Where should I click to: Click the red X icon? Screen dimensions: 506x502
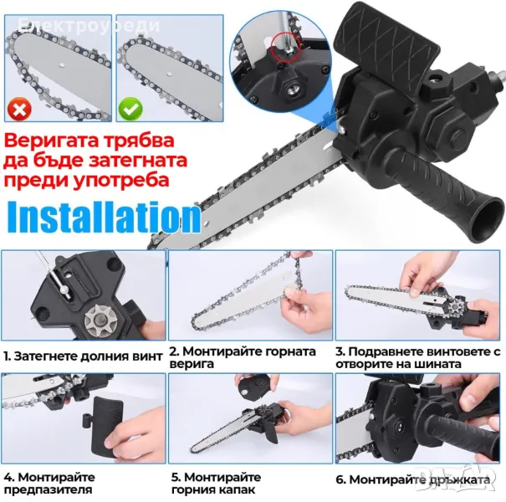[20, 109]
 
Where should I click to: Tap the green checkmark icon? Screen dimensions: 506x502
[130, 109]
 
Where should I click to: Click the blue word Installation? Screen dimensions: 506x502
[105, 217]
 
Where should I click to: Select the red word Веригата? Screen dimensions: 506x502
[51, 141]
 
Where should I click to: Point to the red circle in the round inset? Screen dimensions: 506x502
[286, 46]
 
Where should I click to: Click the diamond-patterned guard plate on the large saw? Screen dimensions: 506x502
[387, 39]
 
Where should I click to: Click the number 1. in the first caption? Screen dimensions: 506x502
[8, 356]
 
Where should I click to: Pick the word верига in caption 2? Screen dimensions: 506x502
[192, 364]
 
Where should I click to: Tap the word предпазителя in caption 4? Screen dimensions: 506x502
[48, 489]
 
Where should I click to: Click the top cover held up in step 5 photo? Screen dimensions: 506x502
[253, 388]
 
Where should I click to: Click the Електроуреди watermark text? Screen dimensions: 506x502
[89, 25]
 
